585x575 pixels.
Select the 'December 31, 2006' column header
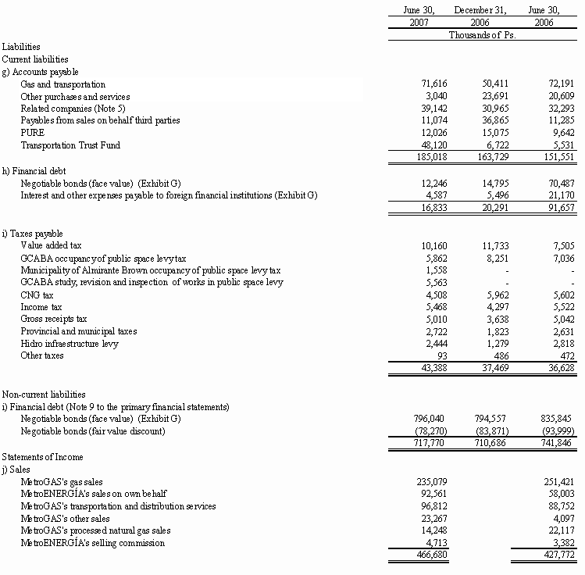(480, 16)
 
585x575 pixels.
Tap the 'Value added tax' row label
(51, 245)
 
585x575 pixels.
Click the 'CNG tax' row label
(37, 294)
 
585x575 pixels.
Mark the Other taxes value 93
(429, 355)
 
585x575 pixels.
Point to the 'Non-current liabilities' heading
(44, 395)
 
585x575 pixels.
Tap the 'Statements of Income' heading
(42, 456)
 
